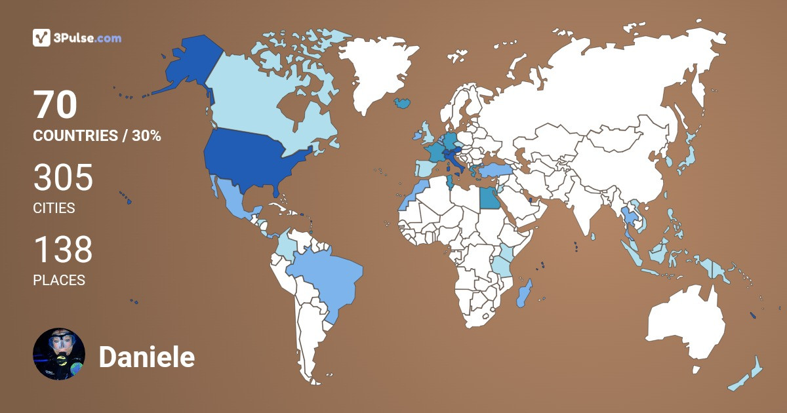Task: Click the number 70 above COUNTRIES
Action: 55,106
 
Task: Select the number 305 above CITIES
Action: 63,178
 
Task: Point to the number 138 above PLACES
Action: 63,250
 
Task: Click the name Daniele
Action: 146,358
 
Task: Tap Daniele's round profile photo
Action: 59,354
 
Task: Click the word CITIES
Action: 54,208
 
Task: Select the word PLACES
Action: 59,280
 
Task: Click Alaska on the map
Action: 187,66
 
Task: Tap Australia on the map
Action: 685,324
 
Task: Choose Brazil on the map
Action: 325,275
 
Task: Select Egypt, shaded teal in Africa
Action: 489,197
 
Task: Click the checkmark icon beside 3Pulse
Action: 41,38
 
